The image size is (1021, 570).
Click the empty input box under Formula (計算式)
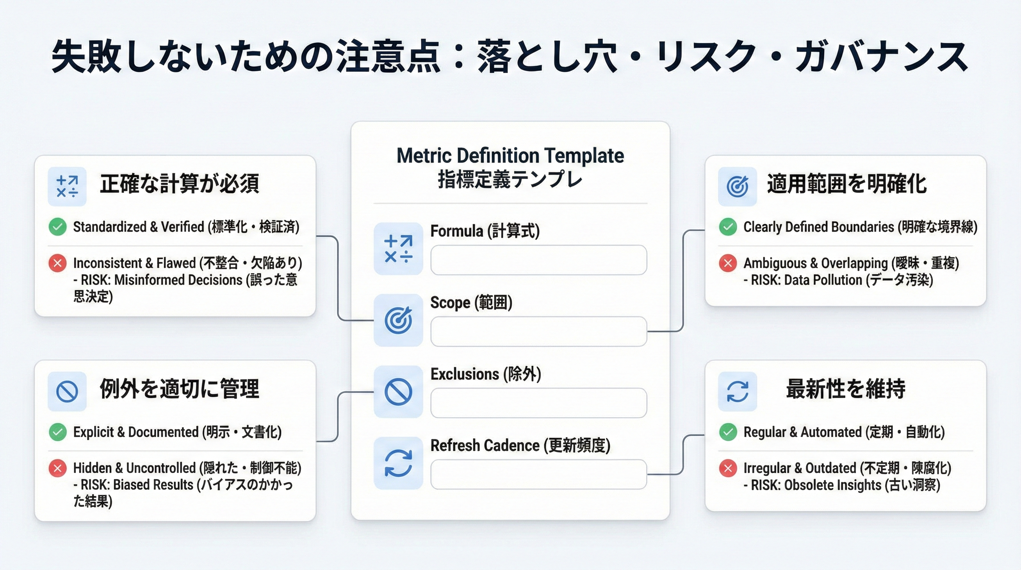click(x=539, y=260)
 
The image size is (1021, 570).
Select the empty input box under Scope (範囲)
click(x=539, y=331)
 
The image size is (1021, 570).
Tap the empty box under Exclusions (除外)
click(x=539, y=403)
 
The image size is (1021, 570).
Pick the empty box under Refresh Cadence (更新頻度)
click(x=539, y=474)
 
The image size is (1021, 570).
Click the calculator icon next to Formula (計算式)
click(x=398, y=249)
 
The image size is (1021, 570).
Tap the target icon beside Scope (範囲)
click(x=398, y=320)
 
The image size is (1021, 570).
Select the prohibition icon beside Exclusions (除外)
click(x=398, y=392)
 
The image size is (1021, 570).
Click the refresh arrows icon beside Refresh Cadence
click(x=398, y=463)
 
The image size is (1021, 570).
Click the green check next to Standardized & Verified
click(x=58, y=227)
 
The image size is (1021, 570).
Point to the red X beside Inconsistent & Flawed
click(x=58, y=263)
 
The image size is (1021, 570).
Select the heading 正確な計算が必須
click(x=180, y=184)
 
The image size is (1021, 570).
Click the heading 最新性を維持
click(x=846, y=389)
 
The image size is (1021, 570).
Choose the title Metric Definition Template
click(x=510, y=155)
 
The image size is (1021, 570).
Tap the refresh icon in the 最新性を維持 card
click(x=737, y=392)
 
